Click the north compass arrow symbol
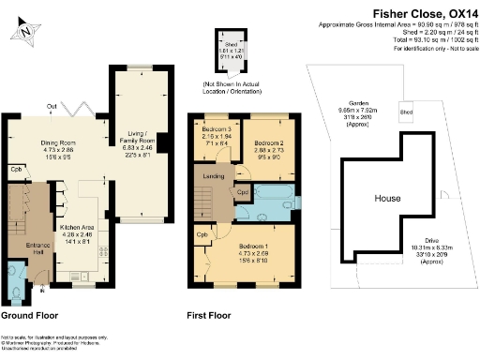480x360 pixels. (x=25, y=31)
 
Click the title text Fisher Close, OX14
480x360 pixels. (x=417, y=11)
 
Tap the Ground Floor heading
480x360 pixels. (x=37, y=316)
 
